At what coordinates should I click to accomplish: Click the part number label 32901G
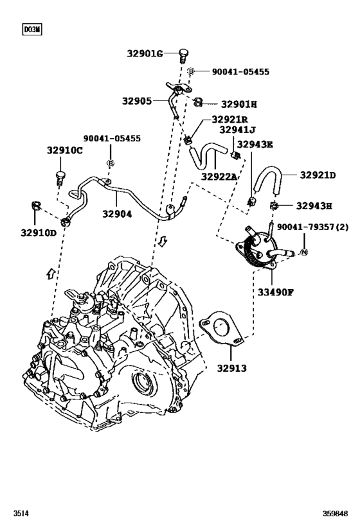[145, 53]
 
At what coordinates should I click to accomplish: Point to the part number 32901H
[239, 103]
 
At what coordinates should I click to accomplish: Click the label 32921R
[230, 119]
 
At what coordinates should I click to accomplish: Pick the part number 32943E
[256, 144]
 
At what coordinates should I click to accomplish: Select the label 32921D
[319, 175]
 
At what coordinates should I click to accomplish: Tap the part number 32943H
[314, 206]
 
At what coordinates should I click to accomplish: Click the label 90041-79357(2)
[312, 227]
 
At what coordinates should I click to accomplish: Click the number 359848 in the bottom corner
[339, 514]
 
